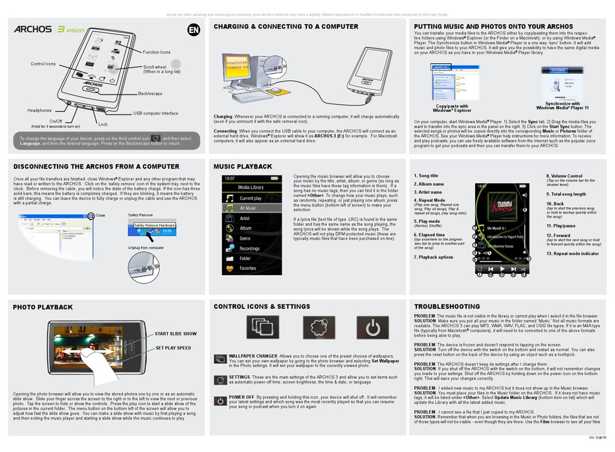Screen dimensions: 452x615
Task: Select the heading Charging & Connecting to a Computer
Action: click(x=285, y=27)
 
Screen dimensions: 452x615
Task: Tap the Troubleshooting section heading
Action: click(x=447, y=306)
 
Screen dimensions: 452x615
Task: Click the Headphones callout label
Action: click(x=39, y=111)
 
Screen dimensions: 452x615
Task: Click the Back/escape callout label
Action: click(x=151, y=94)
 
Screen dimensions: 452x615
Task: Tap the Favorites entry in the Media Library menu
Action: click(x=247, y=268)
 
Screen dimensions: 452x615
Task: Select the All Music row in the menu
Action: click(x=247, y=209)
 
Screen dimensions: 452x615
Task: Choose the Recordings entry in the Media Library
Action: click(x=249, y=248)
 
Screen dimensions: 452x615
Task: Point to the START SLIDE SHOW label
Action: click(x=175, y=334)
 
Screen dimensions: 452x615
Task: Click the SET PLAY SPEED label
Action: click(x=173, y=348)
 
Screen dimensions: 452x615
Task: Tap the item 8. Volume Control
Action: click(x=564, y=176)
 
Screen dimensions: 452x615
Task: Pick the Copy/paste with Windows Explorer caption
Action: click(x=453, y=107)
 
